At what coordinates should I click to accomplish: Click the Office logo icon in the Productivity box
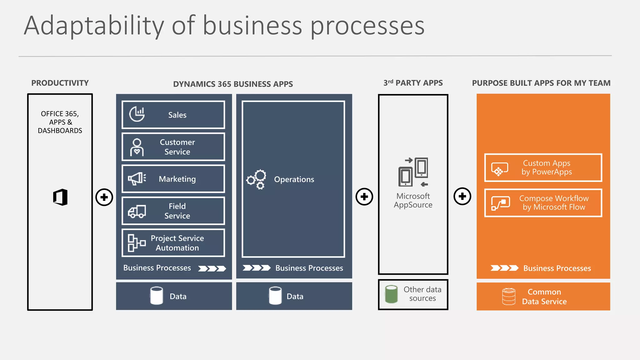coord(60,197)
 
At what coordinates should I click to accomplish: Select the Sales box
coord(173,115)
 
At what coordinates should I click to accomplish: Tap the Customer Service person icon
coord(137,147)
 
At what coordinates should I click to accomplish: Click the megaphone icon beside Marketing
coord(137,179)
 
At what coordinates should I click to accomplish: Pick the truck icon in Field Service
coord(137,212)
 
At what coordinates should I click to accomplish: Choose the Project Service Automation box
coord(173,243)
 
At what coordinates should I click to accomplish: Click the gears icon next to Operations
coord(256,179)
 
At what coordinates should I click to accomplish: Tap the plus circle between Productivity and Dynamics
coord(104,197)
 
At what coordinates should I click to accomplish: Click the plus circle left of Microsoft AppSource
coord(364,197)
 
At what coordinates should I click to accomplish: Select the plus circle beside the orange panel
coord(462,196)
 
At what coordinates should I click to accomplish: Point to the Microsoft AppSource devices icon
coord(413,172)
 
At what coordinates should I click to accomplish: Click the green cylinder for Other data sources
coord(391,294)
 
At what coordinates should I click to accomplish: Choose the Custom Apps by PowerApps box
coord(543,167)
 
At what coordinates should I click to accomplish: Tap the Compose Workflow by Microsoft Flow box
coord(543,203)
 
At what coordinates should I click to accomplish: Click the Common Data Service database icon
coord(508,296)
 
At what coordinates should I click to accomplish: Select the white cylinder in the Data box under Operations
coord(275,296)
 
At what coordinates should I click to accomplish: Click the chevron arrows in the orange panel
coord(504,268)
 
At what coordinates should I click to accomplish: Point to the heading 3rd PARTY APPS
coord(413,83)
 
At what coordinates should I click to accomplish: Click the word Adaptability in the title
coord(94,26)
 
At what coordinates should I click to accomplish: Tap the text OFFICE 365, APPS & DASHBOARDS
coord(60,122)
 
